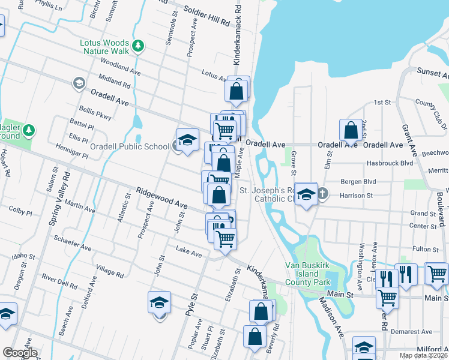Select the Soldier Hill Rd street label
tap(207, 16)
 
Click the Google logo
tap(20, 353)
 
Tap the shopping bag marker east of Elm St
tap(351, 130)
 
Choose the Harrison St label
tap(356, 195)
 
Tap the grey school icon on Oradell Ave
tap(79, 83)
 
